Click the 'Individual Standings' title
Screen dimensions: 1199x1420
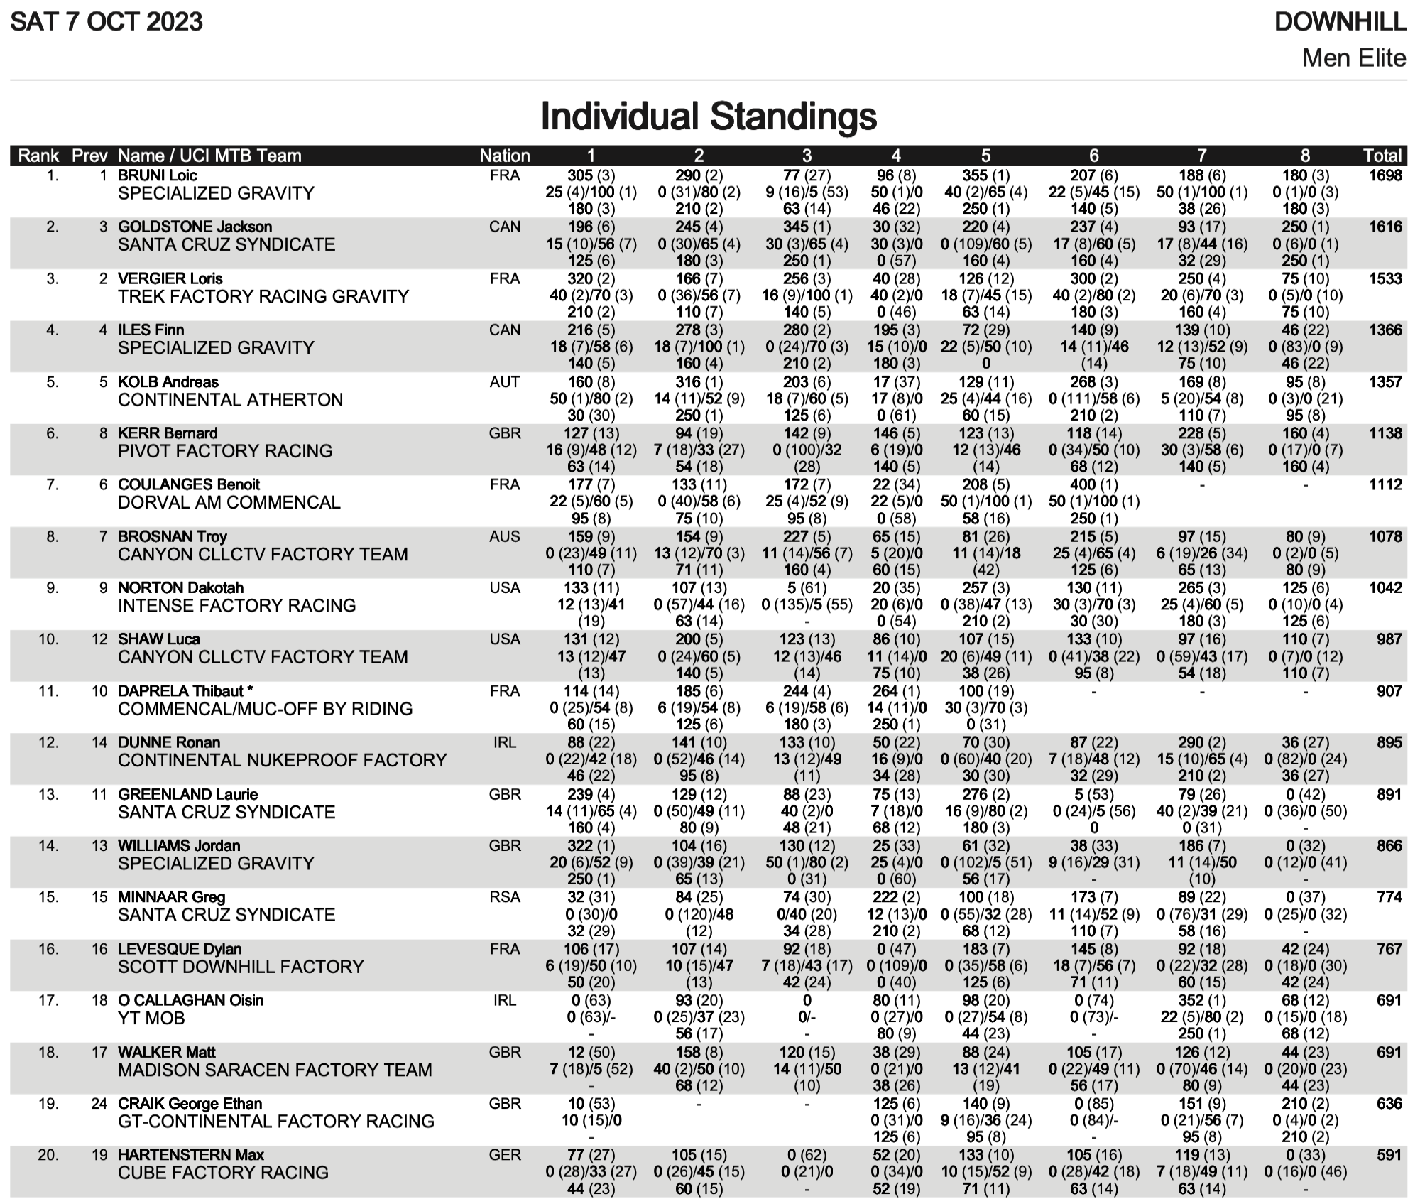point(709,116)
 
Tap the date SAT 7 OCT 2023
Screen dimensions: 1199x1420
point(106,22)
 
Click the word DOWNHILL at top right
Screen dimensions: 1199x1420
point(1340,22)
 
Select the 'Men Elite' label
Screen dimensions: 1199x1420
point(1353,58)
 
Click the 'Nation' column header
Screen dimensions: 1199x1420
point(504,156)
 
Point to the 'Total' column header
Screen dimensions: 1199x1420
point(1382,156)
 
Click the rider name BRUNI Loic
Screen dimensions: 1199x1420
point(158,175)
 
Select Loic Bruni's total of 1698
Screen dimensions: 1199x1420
point(1385,175)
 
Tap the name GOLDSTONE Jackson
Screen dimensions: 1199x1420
point(195,227)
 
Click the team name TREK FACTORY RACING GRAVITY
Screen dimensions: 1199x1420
point(263,296)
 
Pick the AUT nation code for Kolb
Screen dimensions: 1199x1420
point(504,382)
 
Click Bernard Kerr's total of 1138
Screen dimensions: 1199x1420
point(1385,433)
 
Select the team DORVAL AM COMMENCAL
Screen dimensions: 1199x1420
point(229,502)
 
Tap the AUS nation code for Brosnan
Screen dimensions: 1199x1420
point(504,537)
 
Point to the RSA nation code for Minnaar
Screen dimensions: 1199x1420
point(504,897)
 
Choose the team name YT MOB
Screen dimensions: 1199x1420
point(151,1018)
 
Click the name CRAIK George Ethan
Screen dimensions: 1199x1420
point(190,1104)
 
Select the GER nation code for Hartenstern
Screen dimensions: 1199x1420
point(504,1155)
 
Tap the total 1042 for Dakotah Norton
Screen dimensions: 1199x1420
point(1385,588)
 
